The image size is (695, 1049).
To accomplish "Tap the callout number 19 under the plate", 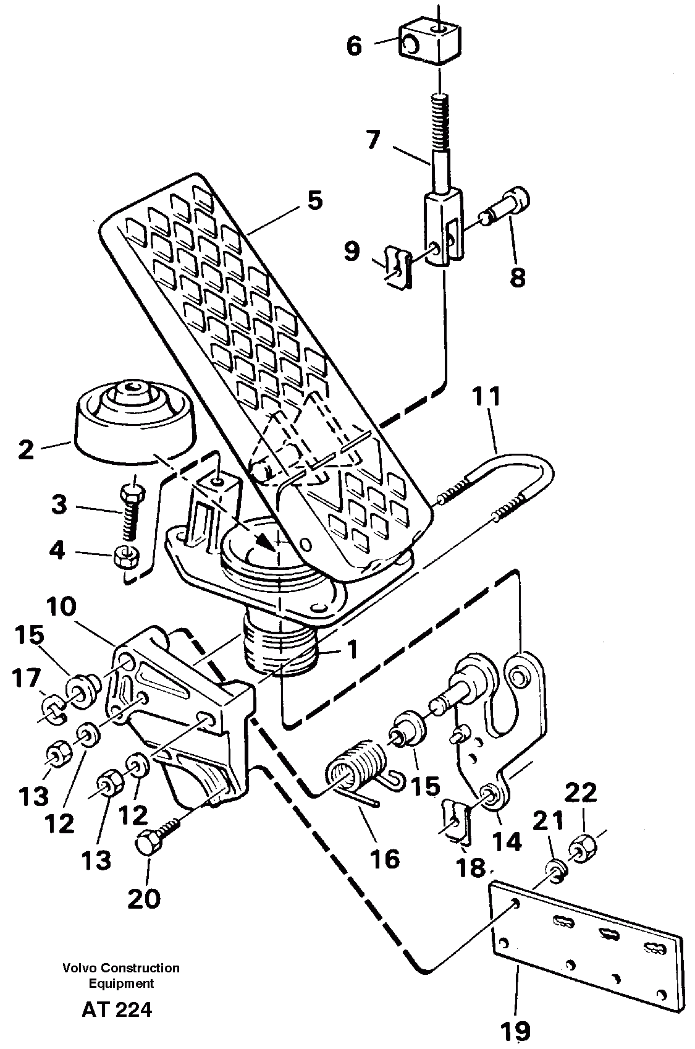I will (515, 1030).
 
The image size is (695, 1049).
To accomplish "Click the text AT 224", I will (116, 1010).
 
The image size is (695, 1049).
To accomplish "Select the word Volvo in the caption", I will (77, 968).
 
